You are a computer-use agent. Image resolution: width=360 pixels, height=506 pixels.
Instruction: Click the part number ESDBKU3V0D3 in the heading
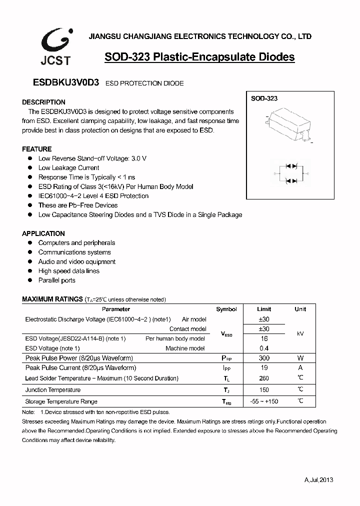coord(60,83)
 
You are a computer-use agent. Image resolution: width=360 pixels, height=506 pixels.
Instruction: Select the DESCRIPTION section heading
coord(44,102)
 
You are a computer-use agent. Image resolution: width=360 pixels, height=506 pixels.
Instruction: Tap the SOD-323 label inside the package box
coord(264,98)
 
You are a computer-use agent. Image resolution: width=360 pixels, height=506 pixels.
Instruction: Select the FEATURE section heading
coord(37,149)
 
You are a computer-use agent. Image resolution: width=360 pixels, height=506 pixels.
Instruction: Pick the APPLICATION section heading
coord(43,233)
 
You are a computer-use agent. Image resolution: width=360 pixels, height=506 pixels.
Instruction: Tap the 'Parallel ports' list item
coord(56,280)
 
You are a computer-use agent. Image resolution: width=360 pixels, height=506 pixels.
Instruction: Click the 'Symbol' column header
coord(226,309)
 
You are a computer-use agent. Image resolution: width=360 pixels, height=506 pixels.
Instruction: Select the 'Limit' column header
coord(264,309)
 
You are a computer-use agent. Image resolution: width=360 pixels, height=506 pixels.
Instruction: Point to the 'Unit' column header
coord(300,309)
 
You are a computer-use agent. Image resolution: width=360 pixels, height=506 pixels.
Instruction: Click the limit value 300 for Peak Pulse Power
coord(264,358)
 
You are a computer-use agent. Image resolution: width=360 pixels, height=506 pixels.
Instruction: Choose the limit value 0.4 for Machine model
coord(264,348)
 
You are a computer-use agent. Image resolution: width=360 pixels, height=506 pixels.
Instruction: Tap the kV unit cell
coord(300,333)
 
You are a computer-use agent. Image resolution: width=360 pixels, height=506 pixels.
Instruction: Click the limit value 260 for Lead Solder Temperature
coord(264,378)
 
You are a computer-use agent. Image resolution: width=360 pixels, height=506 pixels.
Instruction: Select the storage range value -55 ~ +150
coord(264,401)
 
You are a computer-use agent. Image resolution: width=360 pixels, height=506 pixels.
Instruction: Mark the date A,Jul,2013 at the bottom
coord(318,479)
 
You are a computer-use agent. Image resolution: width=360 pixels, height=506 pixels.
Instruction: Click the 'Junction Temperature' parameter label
coord(53,390)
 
